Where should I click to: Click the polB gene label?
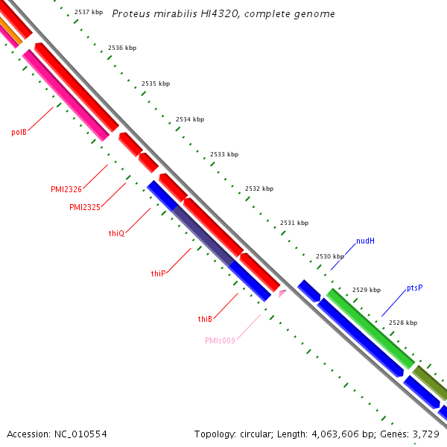[19, 132]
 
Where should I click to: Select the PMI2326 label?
[66, 189]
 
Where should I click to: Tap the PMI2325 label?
[85, 207]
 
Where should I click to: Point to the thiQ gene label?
[116, 233]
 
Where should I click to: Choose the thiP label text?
[158, 273]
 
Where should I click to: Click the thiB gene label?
[206, 319]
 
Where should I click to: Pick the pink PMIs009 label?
[221, 340]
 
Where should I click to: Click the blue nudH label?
[365, 241]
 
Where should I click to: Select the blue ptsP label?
[415, 288]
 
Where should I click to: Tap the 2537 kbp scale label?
[89, 12]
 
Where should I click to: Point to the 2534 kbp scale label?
[190, 119]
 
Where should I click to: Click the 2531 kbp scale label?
[294, 223]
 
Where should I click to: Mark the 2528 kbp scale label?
[403, 323]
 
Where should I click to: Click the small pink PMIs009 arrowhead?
[282, 294]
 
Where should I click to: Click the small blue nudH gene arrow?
[308, 290]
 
